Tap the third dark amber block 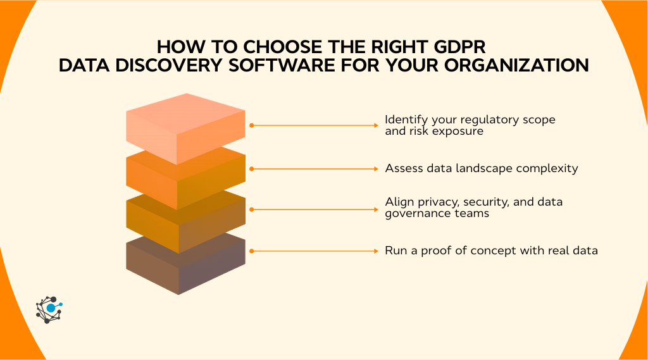(x=185, y=221)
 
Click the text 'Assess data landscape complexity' (x=480, y=169)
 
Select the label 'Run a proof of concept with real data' (x=491, y=251)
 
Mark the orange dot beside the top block (x=251, y=125)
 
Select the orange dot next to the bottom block (x=251, y=251)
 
